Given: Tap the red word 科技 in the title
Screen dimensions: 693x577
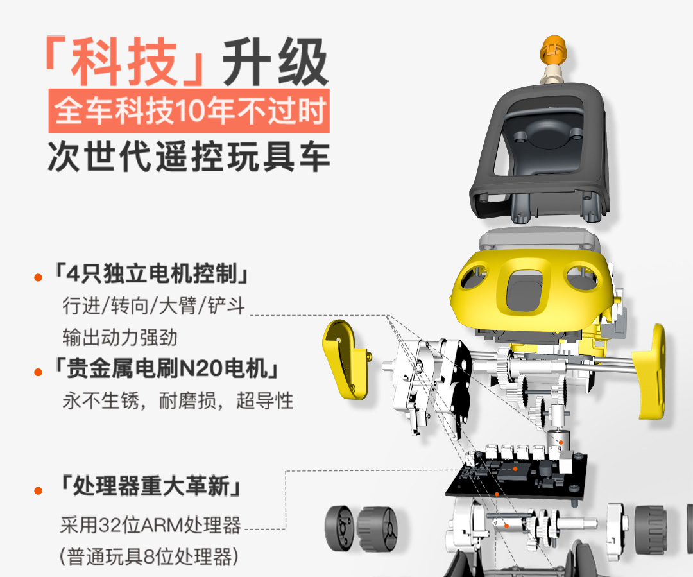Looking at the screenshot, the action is pos(124,62).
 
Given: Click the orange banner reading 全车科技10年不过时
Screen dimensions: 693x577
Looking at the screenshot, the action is pos(189,110).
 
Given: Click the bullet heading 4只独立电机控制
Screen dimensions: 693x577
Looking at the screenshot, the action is pos(150,273).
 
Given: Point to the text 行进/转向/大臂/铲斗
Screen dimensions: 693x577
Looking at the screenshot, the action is pos(153,306).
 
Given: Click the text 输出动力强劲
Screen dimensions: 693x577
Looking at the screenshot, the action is pos(120,338).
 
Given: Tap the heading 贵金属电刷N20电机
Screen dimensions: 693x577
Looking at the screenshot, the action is pos(166,368).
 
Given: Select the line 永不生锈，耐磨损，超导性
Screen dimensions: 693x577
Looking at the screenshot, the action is pos(178,400).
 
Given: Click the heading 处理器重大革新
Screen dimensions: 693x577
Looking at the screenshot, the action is pos(151,486).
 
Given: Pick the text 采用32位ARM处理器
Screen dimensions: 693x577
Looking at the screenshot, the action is pos(151,525).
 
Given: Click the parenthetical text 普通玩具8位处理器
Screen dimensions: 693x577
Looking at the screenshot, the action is pos(149,556).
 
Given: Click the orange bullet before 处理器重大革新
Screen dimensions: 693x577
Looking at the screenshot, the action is pos(38,490).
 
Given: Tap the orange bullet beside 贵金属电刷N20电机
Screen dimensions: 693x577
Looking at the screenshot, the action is pos(38,372).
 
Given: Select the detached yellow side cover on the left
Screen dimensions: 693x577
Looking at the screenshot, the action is pos(345,359).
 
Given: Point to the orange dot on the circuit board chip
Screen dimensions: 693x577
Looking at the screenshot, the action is pos(515,469).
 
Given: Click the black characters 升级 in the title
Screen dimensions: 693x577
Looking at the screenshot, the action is pos(275,62).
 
